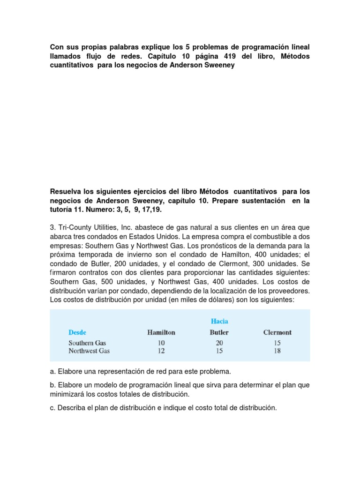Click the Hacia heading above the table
pyautogui.click(x=219, y=321)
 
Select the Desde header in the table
pyautogui.click(x=77, y=332)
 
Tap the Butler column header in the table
pyautogui.click(x=219, y=332)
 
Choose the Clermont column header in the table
pyautogui.click(x=277, y=332)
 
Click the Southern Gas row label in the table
pyautogui.click(x=87, y=343)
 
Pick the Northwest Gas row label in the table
pyautogui.click(x=89, y=351)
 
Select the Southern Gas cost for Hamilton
pyautogui.click(x=161, y=343)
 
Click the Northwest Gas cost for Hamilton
pyautogui.click(x=161, y=351)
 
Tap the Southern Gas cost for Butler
pyautogui.click(x=219, y=343)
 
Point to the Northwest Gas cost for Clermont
pyautogui.click(x=277, y=351)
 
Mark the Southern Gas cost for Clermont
pyautogui.click(x=277, y=343)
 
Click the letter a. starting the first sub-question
pyautogui.click(x=52, y=371)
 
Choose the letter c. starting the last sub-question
pyautogui.click(x=52, y=408)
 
